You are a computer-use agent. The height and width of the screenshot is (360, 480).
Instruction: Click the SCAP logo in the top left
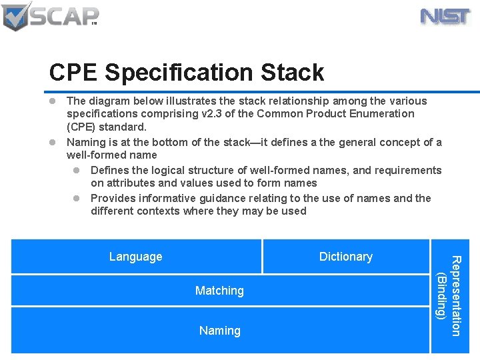(51, 17)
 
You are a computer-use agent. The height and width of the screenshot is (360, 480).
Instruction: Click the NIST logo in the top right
(445, 17)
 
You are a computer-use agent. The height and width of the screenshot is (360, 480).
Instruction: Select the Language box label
(135, 257)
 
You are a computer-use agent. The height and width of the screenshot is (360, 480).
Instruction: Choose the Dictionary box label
(345, 257)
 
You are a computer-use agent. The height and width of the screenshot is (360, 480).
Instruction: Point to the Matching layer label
(219, 291)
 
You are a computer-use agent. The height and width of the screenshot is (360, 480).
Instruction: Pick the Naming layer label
(219, 331)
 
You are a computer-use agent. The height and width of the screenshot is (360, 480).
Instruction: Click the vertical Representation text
(455, 296)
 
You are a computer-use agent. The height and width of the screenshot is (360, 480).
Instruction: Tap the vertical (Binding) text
(441, 296)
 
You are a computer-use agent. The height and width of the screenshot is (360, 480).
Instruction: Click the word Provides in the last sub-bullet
(112, 198)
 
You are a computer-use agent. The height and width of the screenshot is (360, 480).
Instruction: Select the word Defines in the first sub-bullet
(111, 170)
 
